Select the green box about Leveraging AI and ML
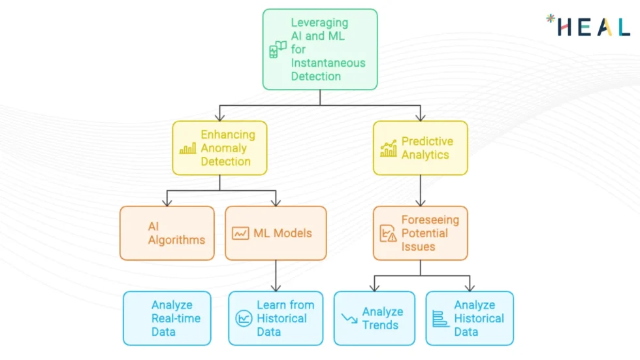pos(320,50)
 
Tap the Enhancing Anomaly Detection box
pos(219,148)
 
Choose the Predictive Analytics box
pos(420,148)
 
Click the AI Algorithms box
pos(167,233)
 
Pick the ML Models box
pos(276,233)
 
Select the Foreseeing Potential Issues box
pos(420,233)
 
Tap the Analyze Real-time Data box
pos(167,318)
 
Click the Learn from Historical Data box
pos(276,318)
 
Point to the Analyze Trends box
pos(374,318)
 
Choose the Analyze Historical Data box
pos(470,318)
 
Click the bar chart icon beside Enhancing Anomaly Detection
pos(188,149)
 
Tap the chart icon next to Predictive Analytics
pos(389,148)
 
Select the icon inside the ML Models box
pos(240,233)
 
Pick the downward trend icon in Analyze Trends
pos(349,318)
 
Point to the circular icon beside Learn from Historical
pos(244,319)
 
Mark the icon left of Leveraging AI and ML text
pos(278,50)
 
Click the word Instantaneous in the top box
pos(328,63)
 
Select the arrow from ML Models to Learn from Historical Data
pos(276,275)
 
